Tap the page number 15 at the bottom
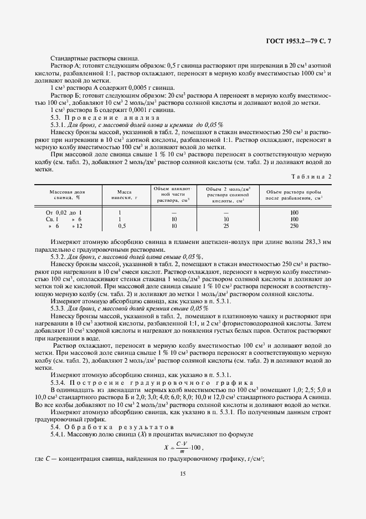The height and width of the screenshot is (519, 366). point(183,473)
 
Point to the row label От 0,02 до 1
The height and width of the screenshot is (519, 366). point(64,212)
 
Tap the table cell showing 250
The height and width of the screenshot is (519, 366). point(294,226)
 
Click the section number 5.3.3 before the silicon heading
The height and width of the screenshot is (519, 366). point(59,308)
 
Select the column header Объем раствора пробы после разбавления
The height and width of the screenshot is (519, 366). point(294,194)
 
